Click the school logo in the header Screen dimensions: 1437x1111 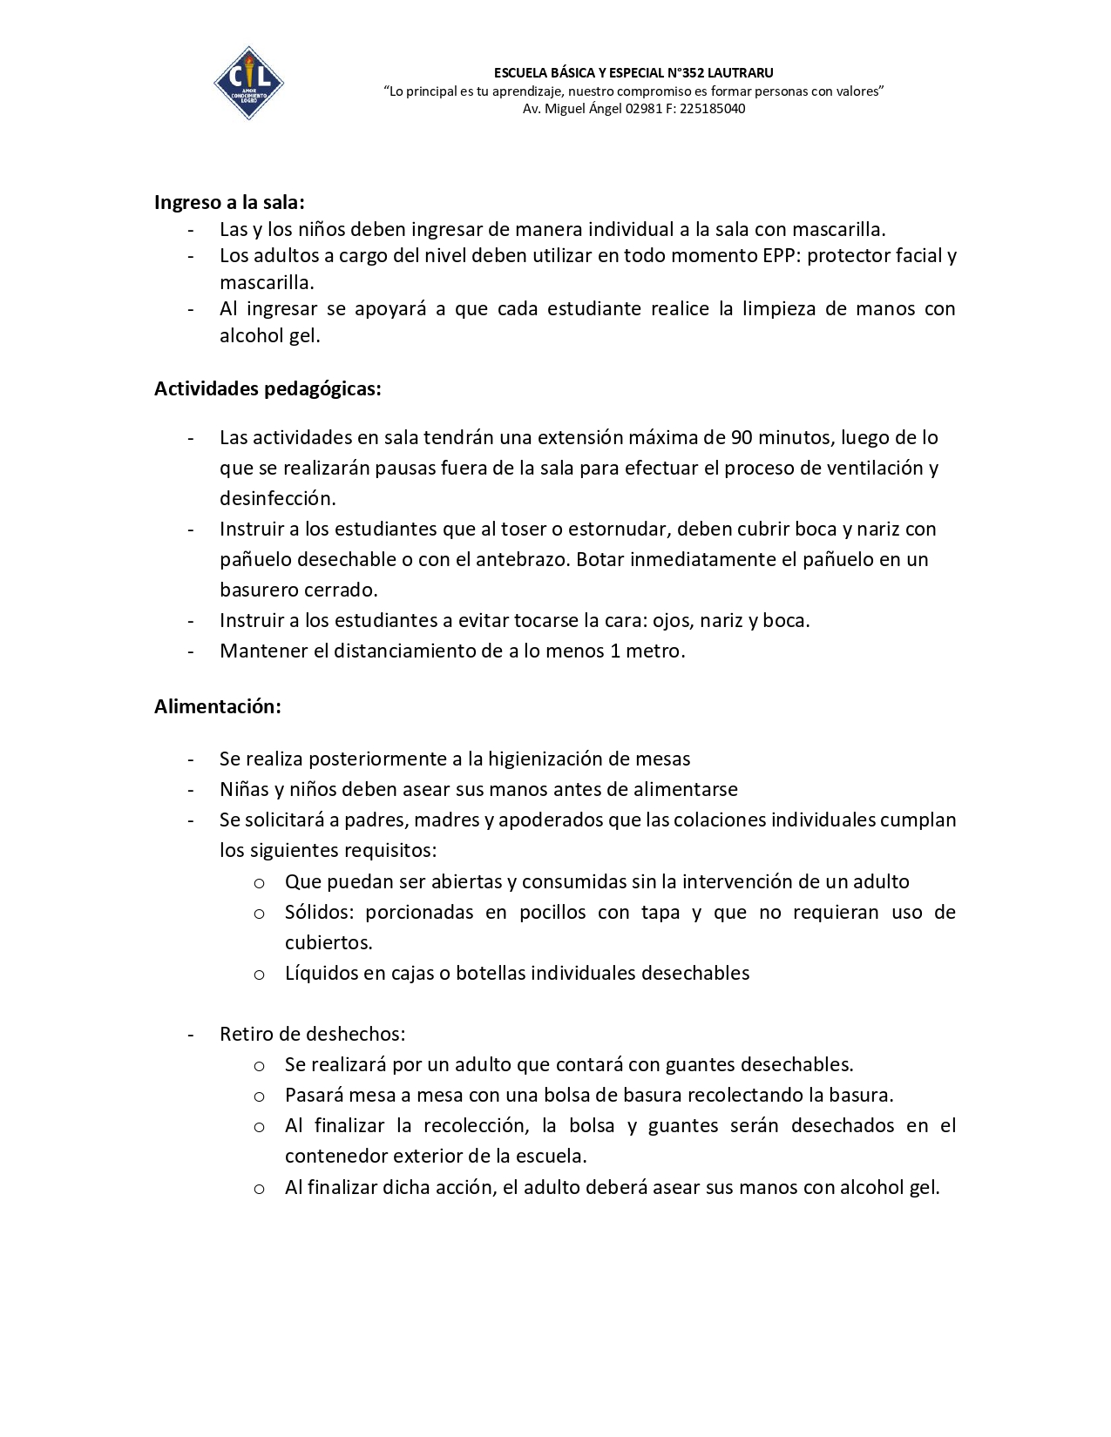[248, 83]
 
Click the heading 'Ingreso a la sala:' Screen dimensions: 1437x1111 [229, 202]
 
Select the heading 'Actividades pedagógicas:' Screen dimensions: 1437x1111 [268, 388]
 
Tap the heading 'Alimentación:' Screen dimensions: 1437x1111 [218, 706]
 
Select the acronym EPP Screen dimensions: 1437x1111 [777, 255]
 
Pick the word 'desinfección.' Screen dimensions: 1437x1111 [277, 498]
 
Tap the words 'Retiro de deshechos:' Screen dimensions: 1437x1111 [312, 1034]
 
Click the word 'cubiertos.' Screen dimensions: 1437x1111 [329, 942]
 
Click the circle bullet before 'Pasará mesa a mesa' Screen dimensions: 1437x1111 [259, 1096]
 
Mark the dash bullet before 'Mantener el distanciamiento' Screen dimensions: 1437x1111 [191, 651]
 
